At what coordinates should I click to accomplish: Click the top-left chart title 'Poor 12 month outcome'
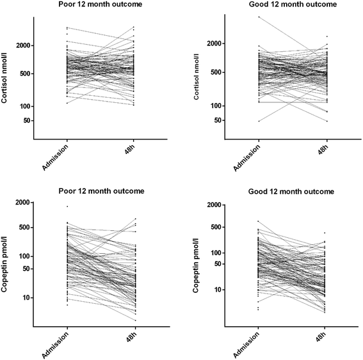pos(101,4)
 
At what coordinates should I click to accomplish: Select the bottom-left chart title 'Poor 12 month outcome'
pos(101,191)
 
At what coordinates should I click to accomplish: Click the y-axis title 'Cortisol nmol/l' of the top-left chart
pos(8,77)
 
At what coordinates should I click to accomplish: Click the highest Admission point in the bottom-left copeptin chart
pos(67,207)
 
